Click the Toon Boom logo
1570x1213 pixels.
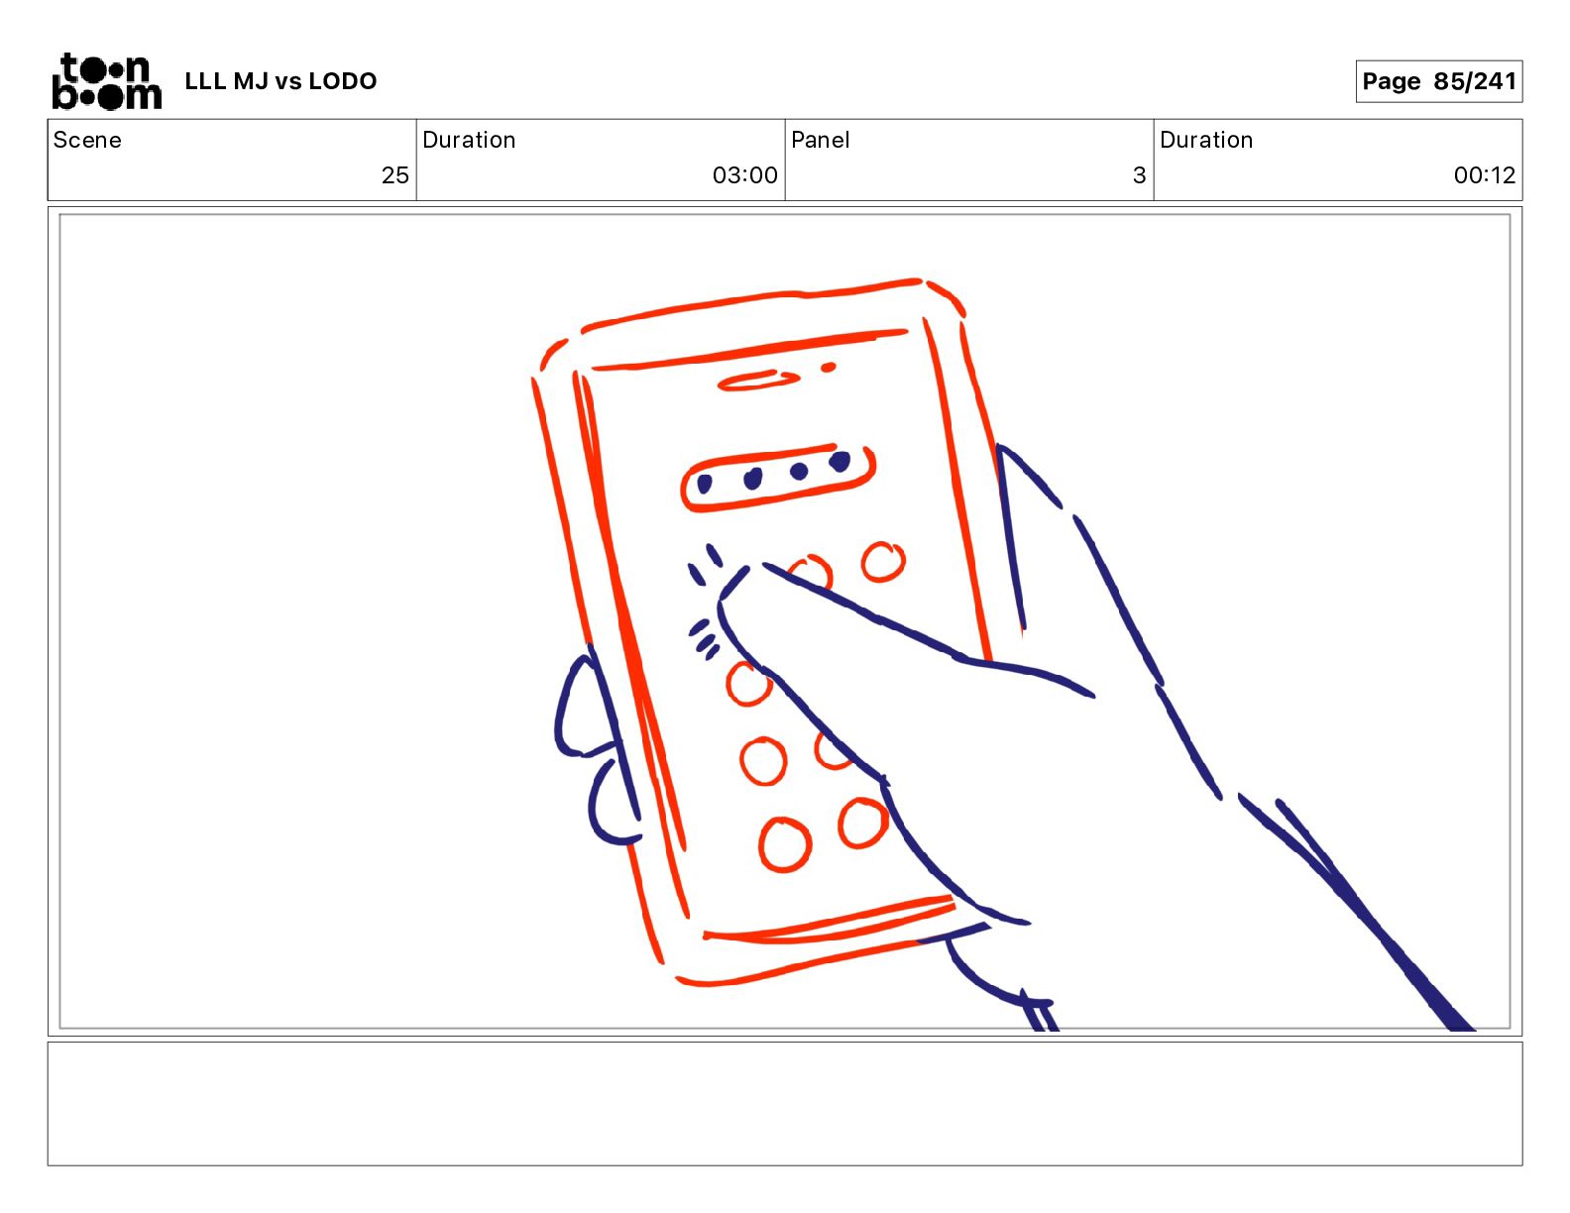[x=107, y=81]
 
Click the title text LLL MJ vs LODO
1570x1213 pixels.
[x=280, y=81]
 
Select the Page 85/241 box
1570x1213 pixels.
[x=1438, y=81]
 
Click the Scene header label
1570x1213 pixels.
[x=87, y=140]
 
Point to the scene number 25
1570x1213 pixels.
[x=395, y=174]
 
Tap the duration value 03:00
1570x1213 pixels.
[x=745, y=174]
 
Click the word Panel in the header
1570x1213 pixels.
[x=820, y=140]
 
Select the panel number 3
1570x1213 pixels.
[x=1140, y=174]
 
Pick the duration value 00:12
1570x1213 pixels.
[x=1485, y=174]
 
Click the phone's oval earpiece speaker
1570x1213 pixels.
[x=758, y=381]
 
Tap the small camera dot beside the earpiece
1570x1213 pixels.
[x=828, y=368]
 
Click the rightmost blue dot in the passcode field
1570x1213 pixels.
[x=840, y=461]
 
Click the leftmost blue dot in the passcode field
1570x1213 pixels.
[x=705, y=484]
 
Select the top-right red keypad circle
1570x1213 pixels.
[x=883, y=561]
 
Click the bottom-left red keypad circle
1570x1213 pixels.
[x=785, y=844]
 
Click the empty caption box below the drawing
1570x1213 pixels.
[x=785, y=1103]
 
